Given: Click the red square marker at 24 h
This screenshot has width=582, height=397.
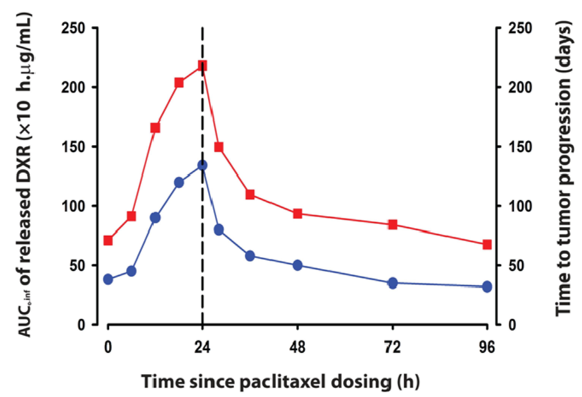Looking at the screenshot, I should click(202, 66).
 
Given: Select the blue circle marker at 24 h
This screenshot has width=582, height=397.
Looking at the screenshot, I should click(202, 165).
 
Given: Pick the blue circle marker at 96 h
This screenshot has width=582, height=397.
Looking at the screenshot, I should click(487, 287).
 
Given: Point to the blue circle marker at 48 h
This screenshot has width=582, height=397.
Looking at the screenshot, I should click(297, 265).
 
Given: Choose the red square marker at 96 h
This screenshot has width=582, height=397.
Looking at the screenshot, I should click(487, 245).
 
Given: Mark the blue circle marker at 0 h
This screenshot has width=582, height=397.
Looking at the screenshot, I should click(108, 279).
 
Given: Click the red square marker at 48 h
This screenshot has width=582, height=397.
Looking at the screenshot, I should click(297, 214).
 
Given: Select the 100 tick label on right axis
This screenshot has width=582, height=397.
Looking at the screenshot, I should click(520, 206).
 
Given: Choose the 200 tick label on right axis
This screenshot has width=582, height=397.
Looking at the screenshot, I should click(520, 87).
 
